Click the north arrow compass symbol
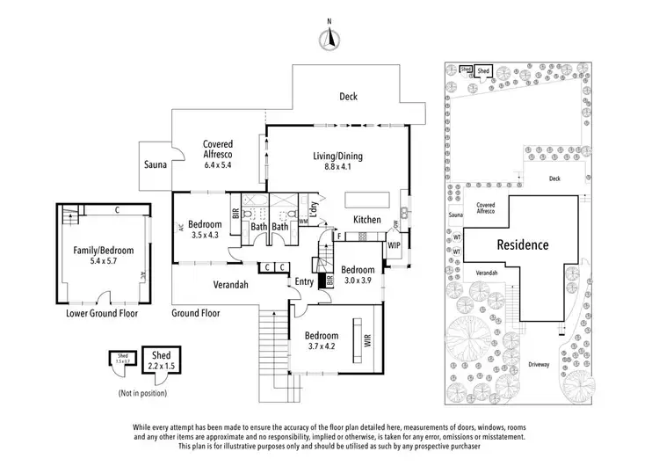pos(329,37)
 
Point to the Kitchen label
pos(366,219)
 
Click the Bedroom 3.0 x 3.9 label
pos(358,274)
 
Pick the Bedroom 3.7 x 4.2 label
pos(322,341)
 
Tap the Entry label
pos(304,281)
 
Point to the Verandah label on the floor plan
pos(231,285)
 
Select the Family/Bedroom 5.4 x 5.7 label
pos(102,256)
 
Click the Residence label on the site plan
pos(521,245)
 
